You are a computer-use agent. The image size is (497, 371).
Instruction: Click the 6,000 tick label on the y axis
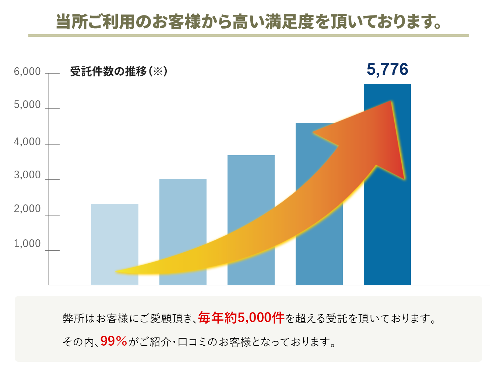(27, 71)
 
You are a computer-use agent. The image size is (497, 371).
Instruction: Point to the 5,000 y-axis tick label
(27, 105)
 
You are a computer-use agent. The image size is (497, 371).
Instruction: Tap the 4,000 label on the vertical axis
(27, 142)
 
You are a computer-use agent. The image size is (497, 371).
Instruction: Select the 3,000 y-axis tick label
(27, 175)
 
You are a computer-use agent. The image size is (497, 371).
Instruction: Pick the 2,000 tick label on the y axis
(27, 209)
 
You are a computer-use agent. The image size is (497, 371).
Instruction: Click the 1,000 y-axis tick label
(27, 243)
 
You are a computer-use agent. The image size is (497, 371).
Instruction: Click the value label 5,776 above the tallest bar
(387, 69)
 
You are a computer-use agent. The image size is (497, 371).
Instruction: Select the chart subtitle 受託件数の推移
(108, 71)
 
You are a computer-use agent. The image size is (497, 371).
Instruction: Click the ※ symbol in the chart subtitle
(158, 71)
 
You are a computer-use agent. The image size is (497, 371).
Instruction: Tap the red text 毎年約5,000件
(241, 318)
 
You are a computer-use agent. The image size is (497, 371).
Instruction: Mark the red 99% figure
(113, 341)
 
